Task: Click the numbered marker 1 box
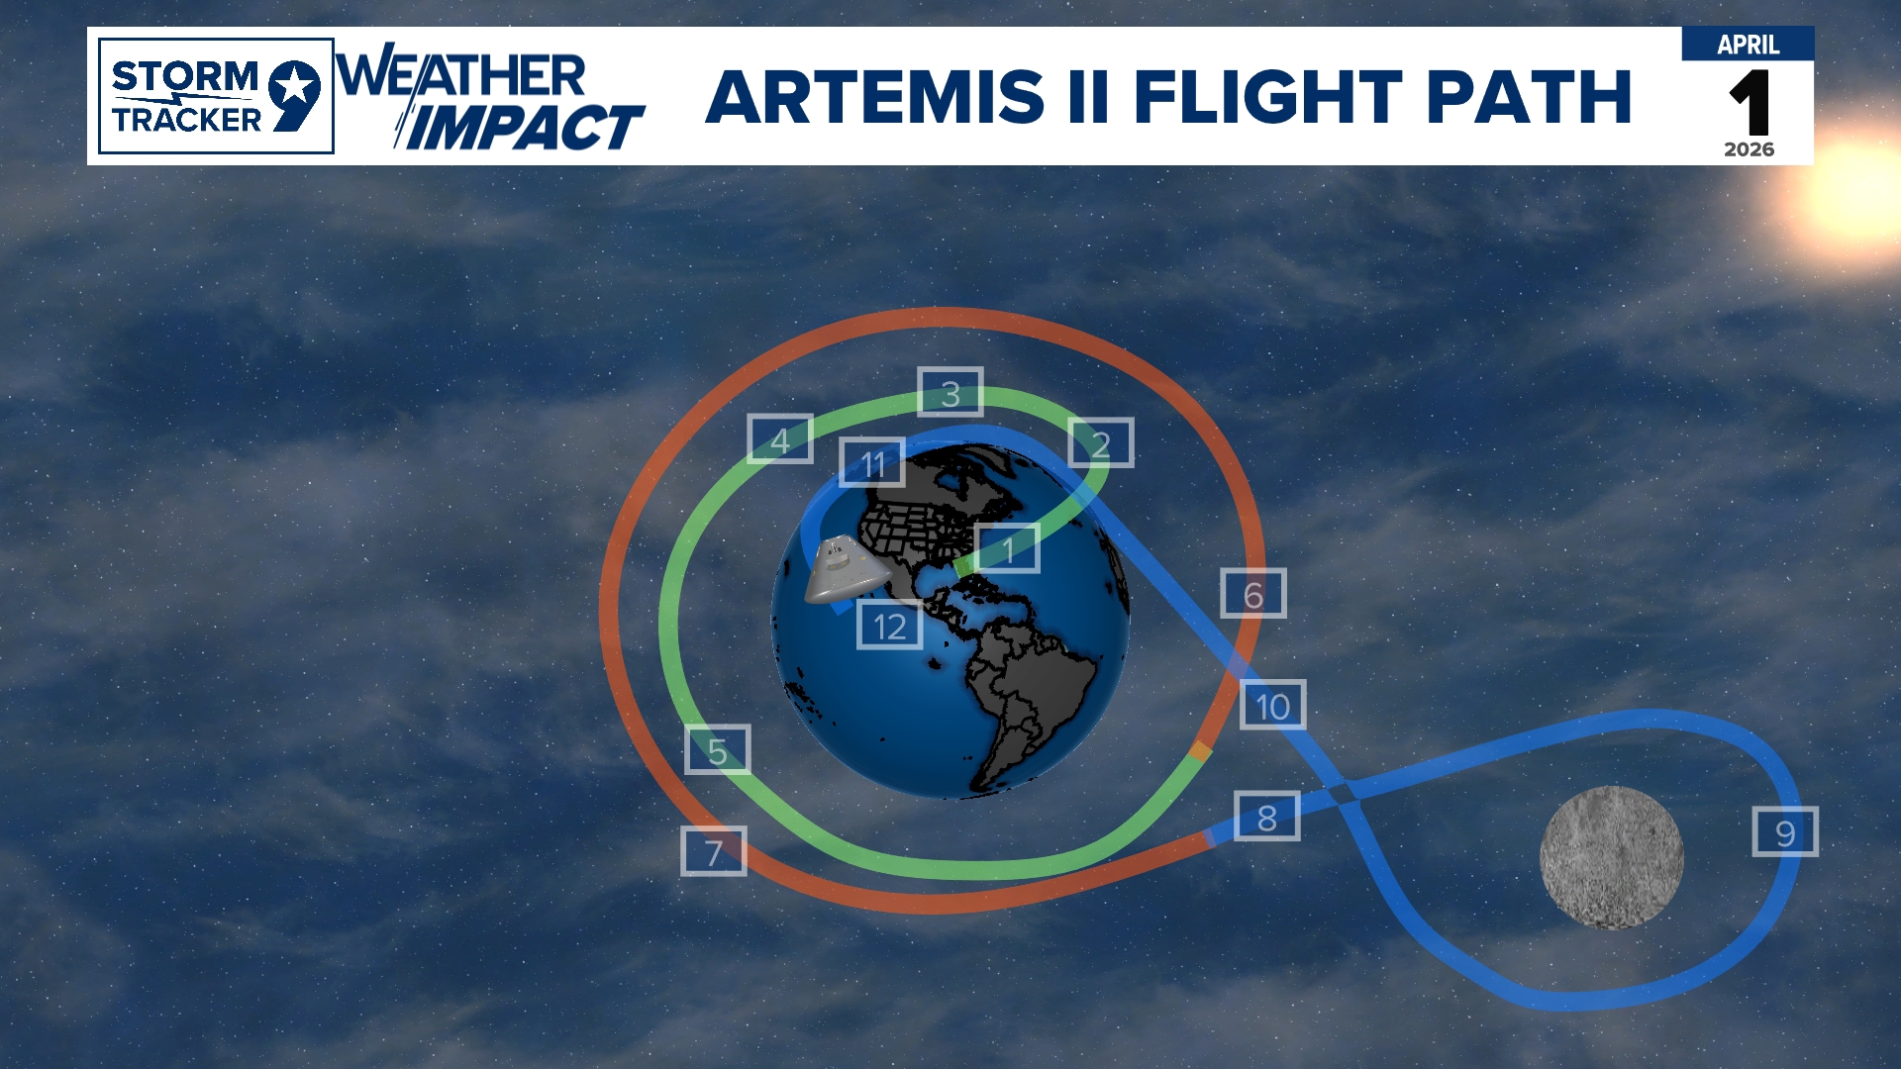[x=1007, y=548]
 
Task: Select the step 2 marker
[x=1101, y=442]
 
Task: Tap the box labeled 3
[x=950, y=392]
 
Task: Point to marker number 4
[x=780, y=438]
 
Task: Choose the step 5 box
[x=718, y=749]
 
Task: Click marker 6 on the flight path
[x=1253, y=594]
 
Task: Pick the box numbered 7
[x=714, y=851]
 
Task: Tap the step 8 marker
[x=1267, y=817]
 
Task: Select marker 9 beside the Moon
[x=1785, y=831]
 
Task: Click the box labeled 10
[x=1273, y=705]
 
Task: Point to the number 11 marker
[x=872, y=462]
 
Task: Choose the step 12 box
[x=890, y=625]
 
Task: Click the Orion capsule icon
[x=845, y=570]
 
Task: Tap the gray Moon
[x=1612, y=857]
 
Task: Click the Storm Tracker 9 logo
[x=216, y=96]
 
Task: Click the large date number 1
[x=1750, y=103]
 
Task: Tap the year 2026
[x=1750, y=149]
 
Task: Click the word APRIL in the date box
[x=1749, y=45]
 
